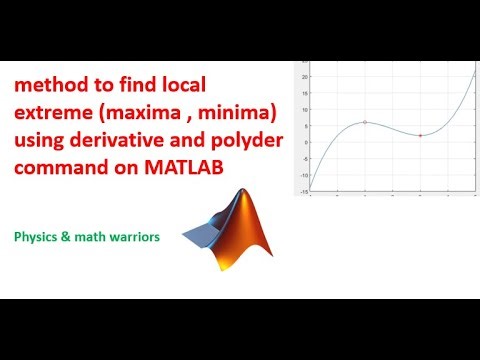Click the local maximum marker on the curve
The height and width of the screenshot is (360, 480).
coord(365,122)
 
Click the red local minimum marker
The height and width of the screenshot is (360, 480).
coord(420,135)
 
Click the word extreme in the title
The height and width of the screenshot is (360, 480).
coord(53,116)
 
